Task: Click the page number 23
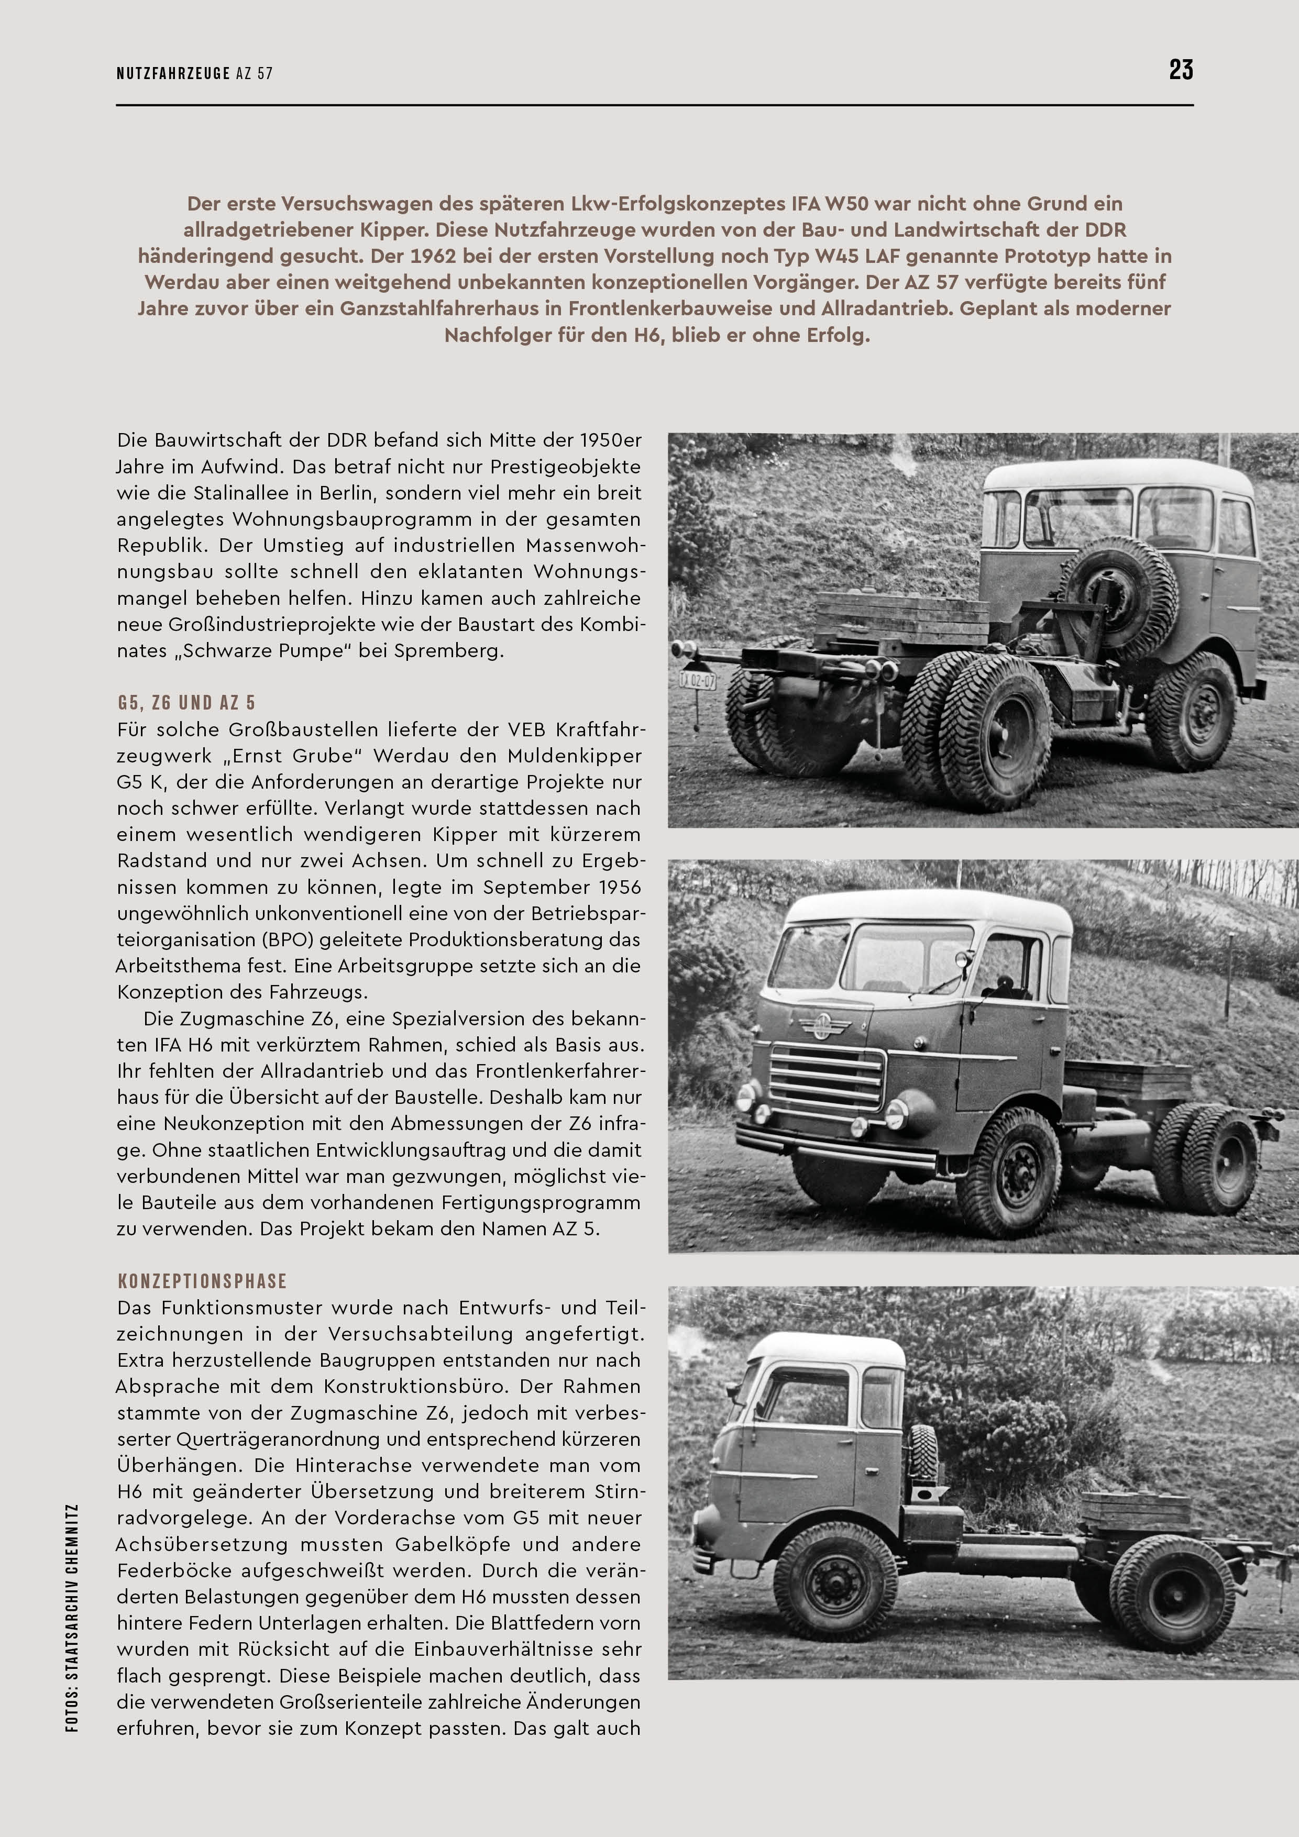pyautogui.click(x=1181, y=70)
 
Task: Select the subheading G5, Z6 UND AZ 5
pyautogui.click(x=186, y=702)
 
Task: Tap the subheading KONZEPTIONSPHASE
pyautogui.click(x=202, y=1281)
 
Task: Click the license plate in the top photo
pyautogui.click(x=697, y=681)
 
